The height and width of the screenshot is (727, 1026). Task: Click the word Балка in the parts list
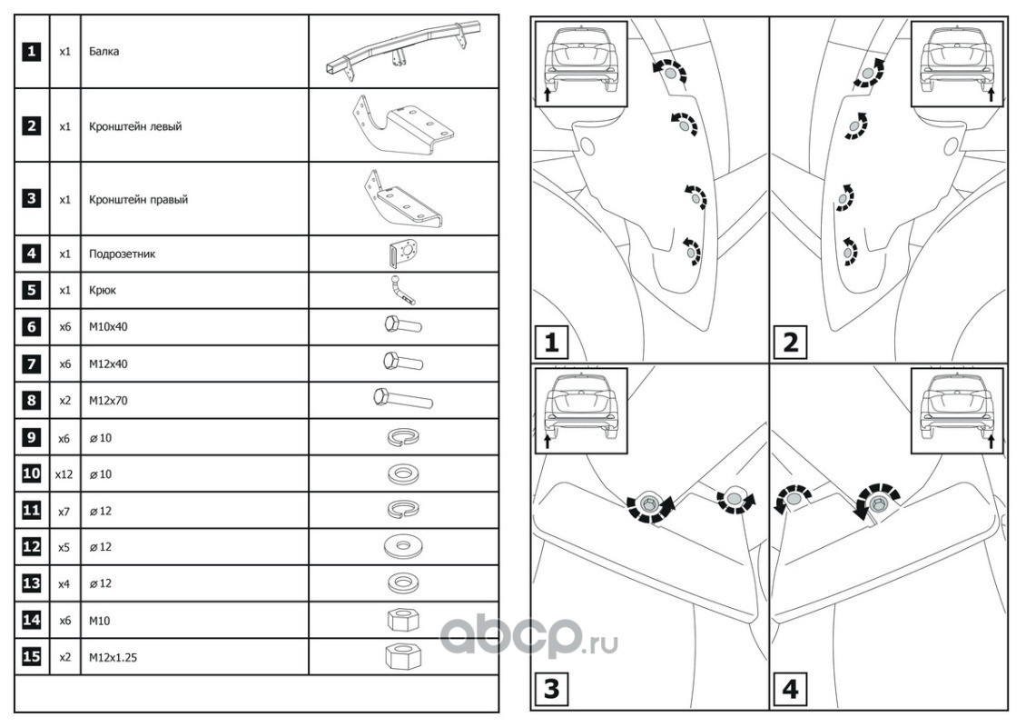tap(104, 52)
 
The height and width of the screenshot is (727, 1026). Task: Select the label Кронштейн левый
tap(135, 126)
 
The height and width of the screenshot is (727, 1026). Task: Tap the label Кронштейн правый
tap(138, 199)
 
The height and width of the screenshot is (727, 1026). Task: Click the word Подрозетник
tap(123, 254)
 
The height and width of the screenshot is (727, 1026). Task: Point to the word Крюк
tap(103, 291)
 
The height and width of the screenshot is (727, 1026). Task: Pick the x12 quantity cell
tap(64, 474)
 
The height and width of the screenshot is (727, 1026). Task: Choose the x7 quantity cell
tap(64, 511)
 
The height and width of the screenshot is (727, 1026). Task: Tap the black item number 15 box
tap(32, 656)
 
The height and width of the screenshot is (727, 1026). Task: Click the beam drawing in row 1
tap(402, 53)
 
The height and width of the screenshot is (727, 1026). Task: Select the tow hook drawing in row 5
tap(403, 290)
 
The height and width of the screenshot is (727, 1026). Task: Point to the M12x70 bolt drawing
tap(403, 398)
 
